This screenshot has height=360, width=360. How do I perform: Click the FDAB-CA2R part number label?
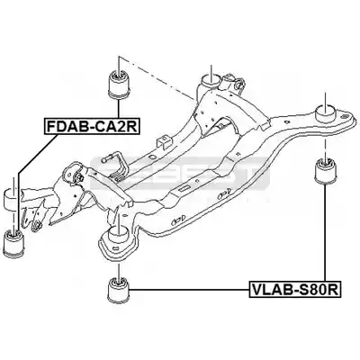point(92,126)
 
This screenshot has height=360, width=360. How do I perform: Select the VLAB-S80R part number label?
point(295,290)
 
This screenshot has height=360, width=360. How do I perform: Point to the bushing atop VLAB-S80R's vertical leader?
point(325,171)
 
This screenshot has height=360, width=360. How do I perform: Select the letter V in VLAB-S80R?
point(256,290)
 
